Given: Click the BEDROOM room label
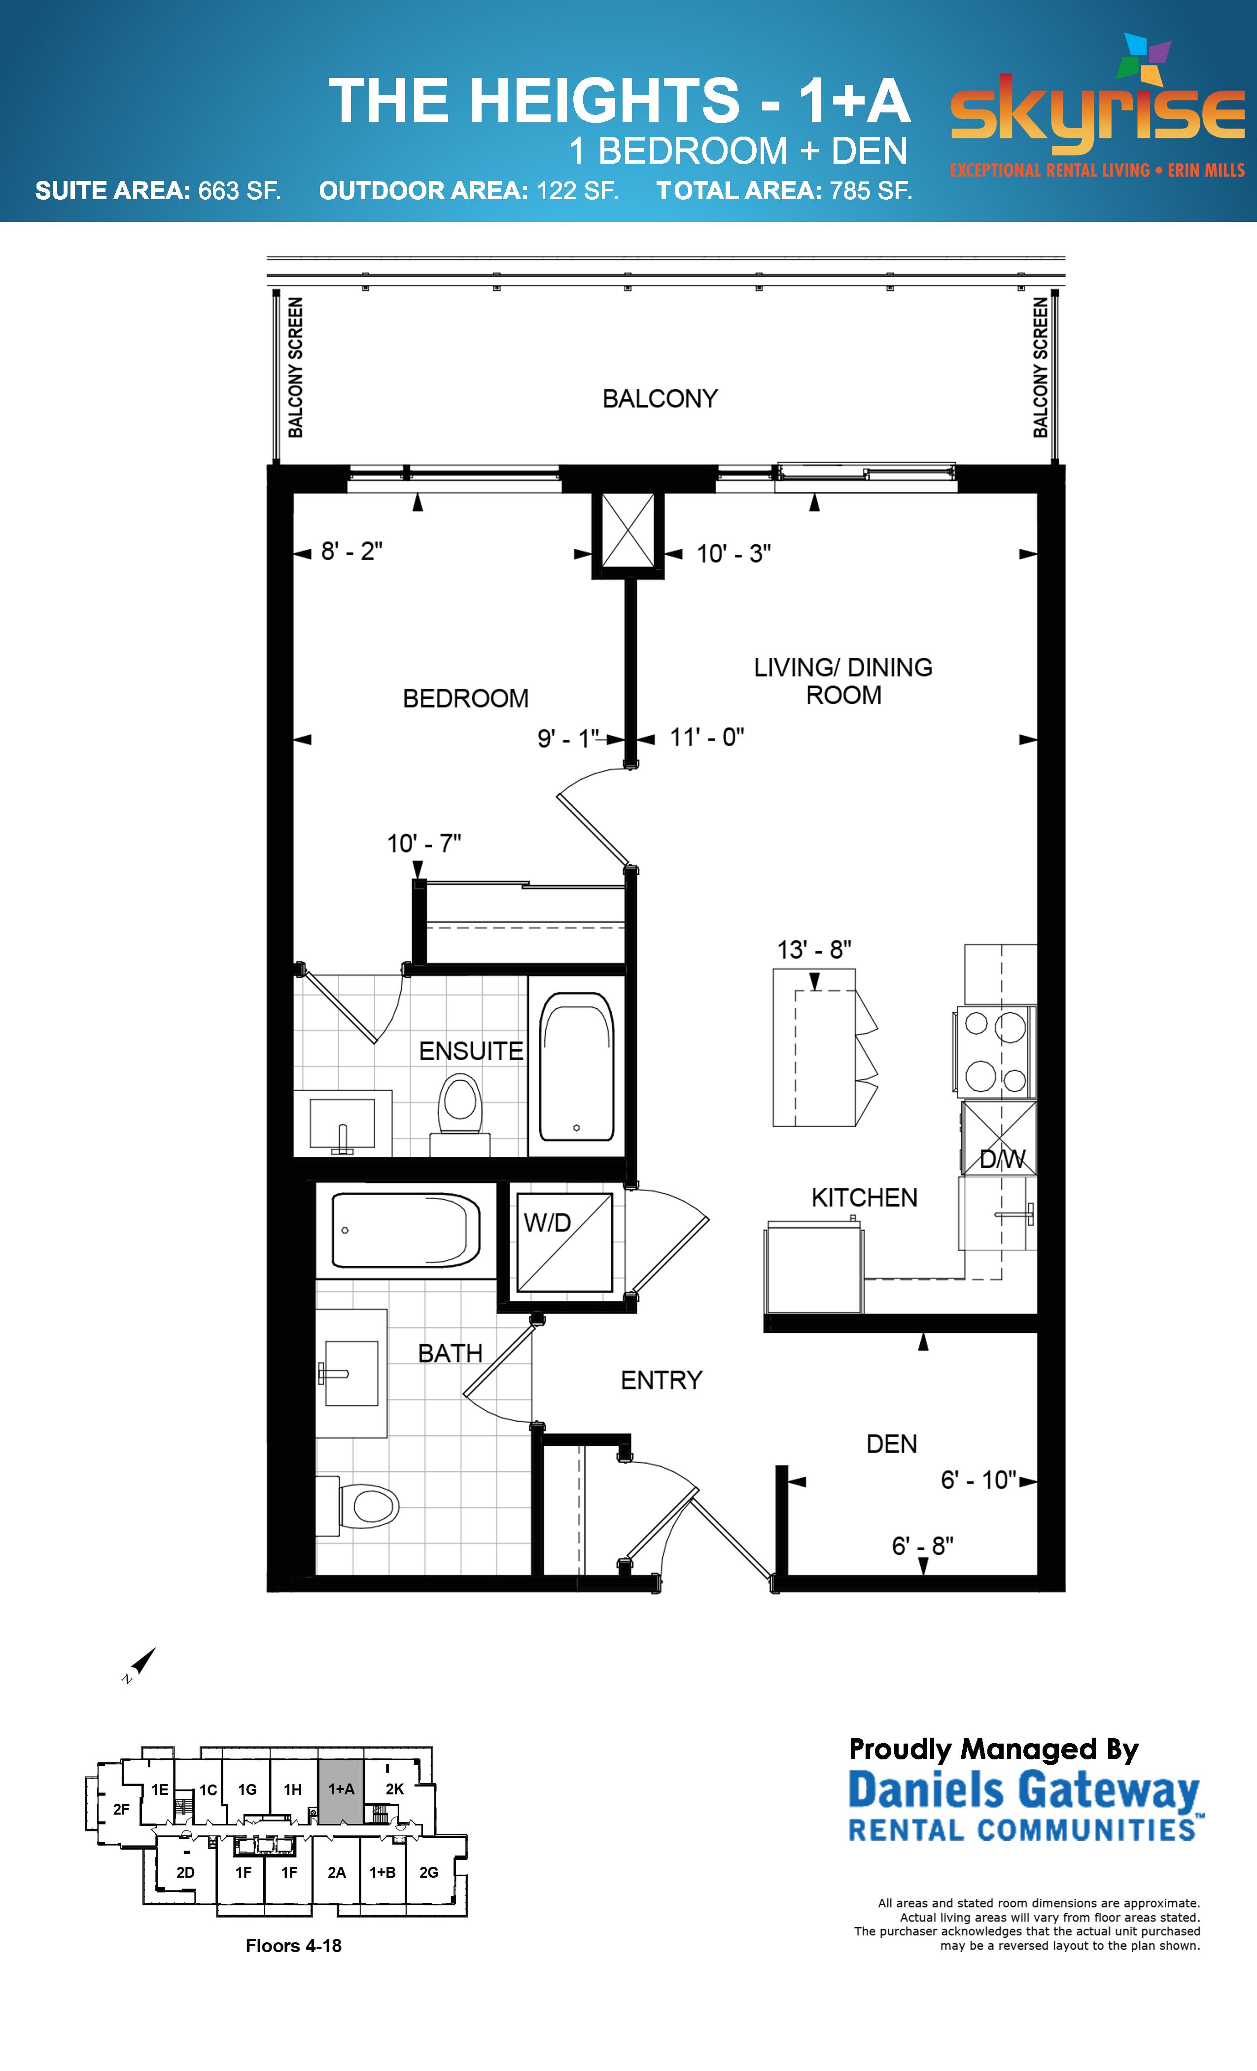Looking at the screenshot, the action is tap(465, 698).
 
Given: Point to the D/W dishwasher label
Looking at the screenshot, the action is tap(1003, 1160).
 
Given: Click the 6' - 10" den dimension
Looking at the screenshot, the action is tap(978, 1480).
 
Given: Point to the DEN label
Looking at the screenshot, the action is tap(892, 1444).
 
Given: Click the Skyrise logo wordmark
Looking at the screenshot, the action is tap(1097, 116).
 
